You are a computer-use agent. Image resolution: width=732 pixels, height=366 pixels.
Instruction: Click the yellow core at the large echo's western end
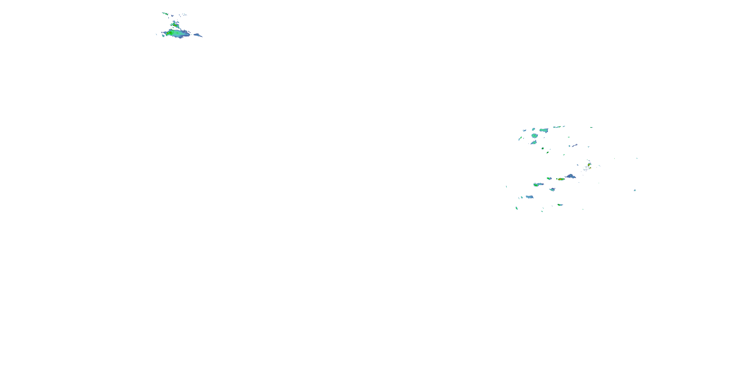[x=168, y=33]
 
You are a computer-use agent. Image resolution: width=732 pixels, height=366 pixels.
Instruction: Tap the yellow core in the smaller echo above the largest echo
[x=175, y=25]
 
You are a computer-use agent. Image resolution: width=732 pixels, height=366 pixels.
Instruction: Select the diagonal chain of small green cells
[x=165, y=13]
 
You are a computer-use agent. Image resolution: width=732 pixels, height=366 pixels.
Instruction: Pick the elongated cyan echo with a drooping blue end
[x=544, y=131]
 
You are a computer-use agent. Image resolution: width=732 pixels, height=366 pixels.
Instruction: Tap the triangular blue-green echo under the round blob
[x=534, y=142]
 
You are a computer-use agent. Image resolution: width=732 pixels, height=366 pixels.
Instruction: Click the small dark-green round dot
[x=542, y=148]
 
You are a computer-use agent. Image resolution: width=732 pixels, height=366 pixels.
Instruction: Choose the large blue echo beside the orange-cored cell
[x=571, y=176]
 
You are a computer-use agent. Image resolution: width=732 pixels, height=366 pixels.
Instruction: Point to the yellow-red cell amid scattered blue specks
[x=589, y=164]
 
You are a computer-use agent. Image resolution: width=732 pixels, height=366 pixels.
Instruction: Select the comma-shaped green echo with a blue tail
[x=538, y=184]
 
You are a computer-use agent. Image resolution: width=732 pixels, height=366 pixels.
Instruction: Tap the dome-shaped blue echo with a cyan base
[x=552, y=189]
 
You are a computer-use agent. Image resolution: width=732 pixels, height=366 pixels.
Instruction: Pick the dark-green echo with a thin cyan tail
[x=560, y=205]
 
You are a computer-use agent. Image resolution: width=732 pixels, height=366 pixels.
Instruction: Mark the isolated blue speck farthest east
[x=635, y=190]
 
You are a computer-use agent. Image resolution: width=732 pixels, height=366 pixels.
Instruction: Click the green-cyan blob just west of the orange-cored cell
[x=549, y=178]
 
